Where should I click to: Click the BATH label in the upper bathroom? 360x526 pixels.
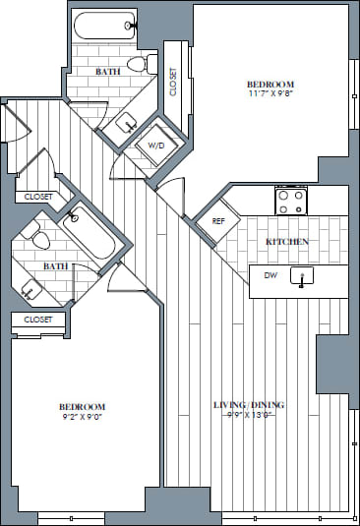pyautogui.click(x=108, y=72)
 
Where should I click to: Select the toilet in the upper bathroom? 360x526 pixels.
pyautogui.click(x=145, y=64)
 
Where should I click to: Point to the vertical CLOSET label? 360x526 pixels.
pyautogui.click(x=173, y=81)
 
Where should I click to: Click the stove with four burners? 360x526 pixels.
pyautogui.click(x=291, y=201)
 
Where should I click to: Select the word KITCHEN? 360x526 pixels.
pyautogui.click(x=287, y=241)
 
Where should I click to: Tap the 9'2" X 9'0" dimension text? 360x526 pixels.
pyautogui.click(x=83, y=417)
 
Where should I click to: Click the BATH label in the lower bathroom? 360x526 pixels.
pyautogui.click(x=55, y=265)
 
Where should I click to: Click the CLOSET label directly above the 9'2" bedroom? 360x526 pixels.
pyautogui.click(x=37, y=320)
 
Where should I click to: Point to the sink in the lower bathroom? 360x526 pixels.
pyautogui.click(x=31, y=288)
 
